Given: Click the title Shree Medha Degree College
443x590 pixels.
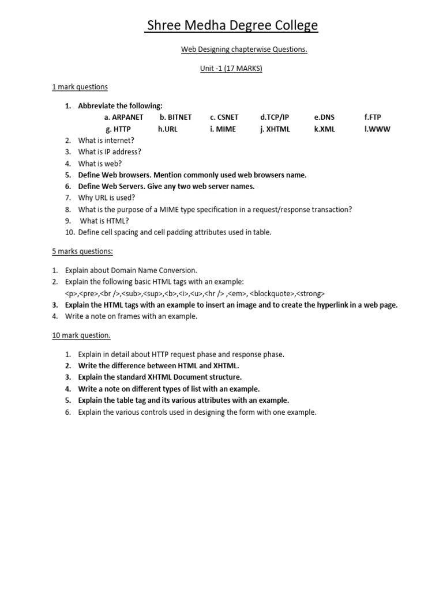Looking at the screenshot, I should [x=232, y=25].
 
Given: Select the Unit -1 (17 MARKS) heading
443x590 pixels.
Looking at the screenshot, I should [x=231, y=69].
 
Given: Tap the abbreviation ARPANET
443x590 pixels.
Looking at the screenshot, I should [x=124, y=118].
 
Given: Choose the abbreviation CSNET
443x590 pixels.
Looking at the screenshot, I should [x=224, y=118].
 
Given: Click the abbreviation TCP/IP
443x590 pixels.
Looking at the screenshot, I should [x=275, y=118].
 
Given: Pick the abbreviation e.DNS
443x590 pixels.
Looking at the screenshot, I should [x=324, y=118].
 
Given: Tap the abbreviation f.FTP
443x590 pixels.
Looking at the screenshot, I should [x=373, y=118].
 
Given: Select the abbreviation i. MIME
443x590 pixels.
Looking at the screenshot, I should [x=223, y=129].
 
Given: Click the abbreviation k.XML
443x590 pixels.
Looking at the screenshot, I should [x=324, y=129].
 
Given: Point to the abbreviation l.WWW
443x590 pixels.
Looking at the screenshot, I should [x=377, y=129].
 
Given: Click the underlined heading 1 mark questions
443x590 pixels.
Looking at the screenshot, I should [x=80, y=87].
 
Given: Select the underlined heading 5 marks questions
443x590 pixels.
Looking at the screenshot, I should [x=82, y=251].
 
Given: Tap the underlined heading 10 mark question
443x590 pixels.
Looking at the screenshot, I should [x=81, y=335].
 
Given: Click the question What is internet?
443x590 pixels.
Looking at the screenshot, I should [x=106, y=141].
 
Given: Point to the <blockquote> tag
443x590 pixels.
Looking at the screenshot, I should [x=272, y=293].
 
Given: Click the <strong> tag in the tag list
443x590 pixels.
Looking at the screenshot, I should [x=310, y=293].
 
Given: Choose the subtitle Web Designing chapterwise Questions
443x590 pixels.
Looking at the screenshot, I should [x=245, y=50].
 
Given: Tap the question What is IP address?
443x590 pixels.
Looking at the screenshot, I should [x=110, y=152].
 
